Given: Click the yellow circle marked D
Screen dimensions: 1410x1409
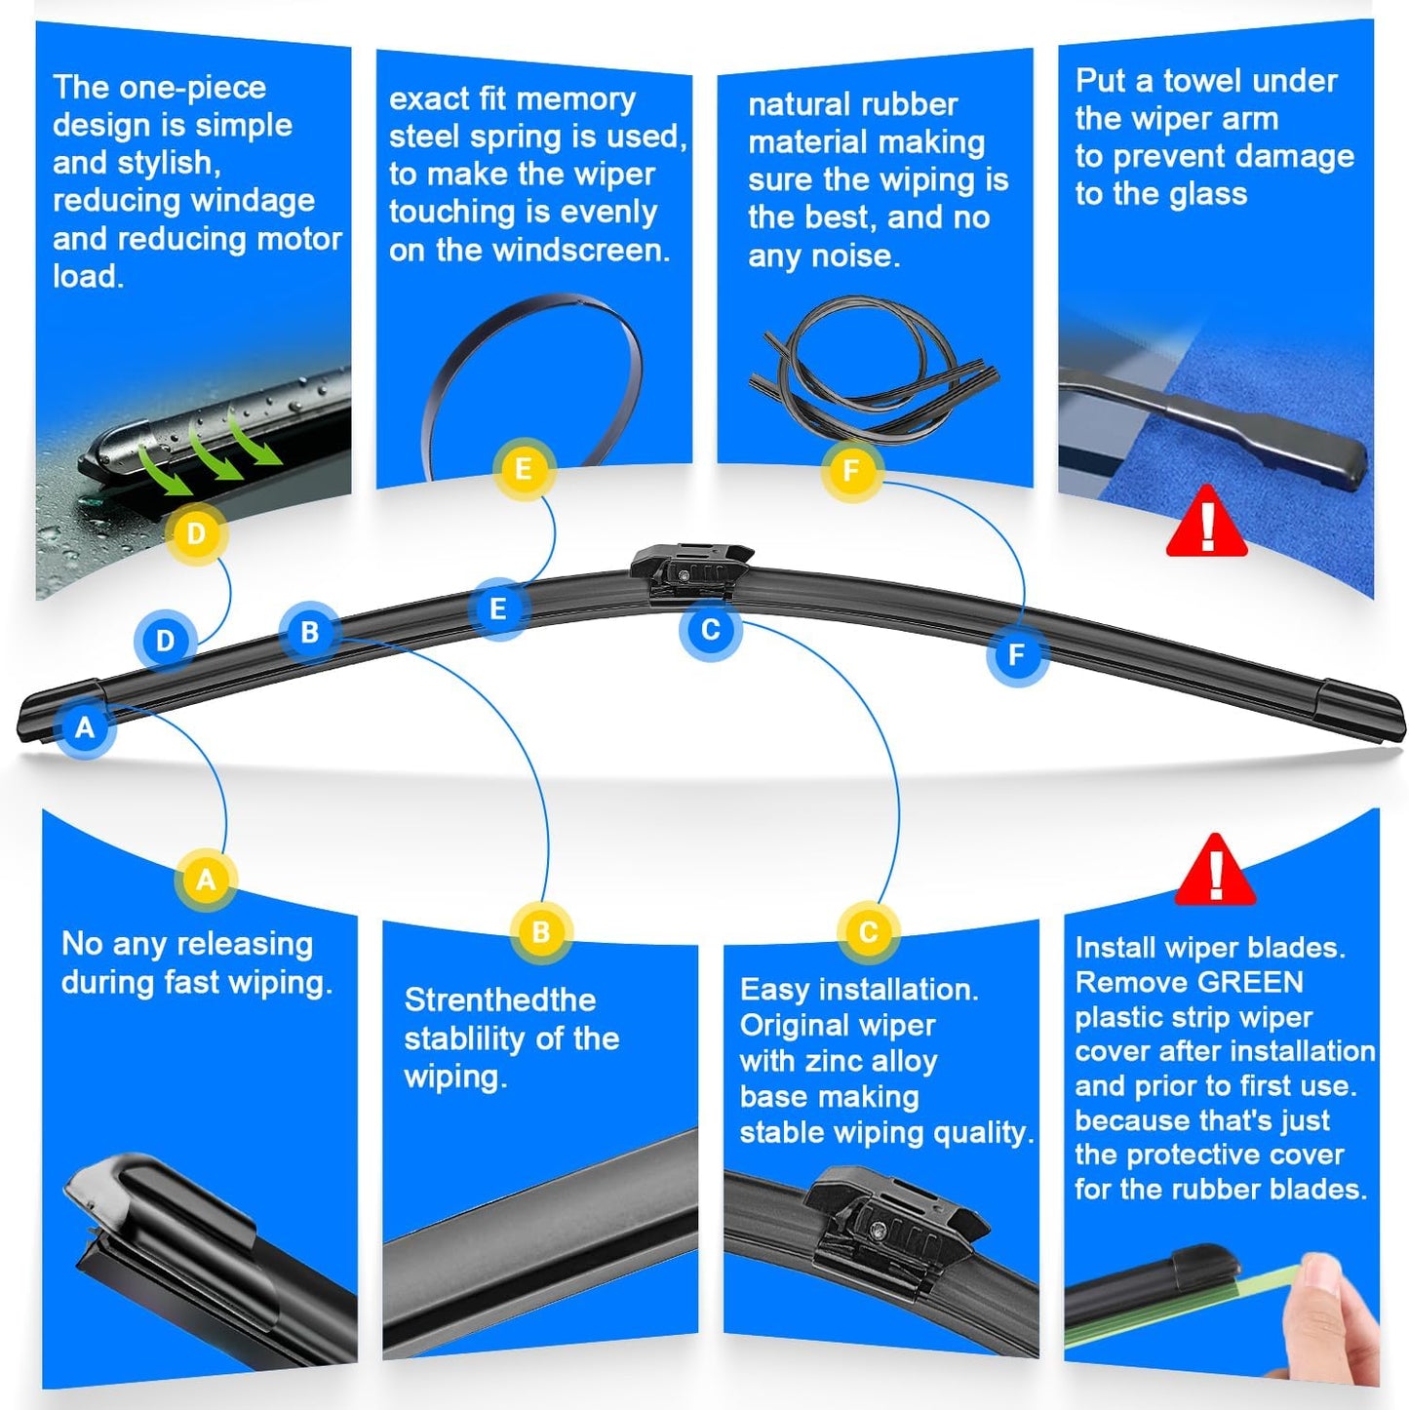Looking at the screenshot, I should point(196,533).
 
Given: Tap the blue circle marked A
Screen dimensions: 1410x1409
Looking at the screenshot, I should point(85,726).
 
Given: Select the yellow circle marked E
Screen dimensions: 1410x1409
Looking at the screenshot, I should point(524,469).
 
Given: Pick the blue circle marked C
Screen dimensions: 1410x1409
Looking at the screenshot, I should point(710,629).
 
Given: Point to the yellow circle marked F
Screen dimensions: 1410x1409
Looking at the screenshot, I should point(851,471).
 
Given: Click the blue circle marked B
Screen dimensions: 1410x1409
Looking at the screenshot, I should point(310,632).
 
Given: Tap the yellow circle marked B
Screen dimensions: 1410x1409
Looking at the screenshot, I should point(541,932).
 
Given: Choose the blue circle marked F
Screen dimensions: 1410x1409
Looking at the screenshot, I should point(1016,654).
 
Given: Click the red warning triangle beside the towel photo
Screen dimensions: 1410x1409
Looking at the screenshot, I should point(1207,524).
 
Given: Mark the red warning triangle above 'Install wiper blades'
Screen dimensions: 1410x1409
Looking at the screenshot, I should point(1215,871).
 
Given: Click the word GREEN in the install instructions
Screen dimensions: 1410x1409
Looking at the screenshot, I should point(1250,982).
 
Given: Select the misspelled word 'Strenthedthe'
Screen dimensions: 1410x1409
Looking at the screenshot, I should point(499,1000).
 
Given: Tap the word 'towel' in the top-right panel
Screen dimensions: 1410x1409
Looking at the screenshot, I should point(1201,81).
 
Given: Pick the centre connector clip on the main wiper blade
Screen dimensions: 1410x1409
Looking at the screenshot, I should point(689,572).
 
